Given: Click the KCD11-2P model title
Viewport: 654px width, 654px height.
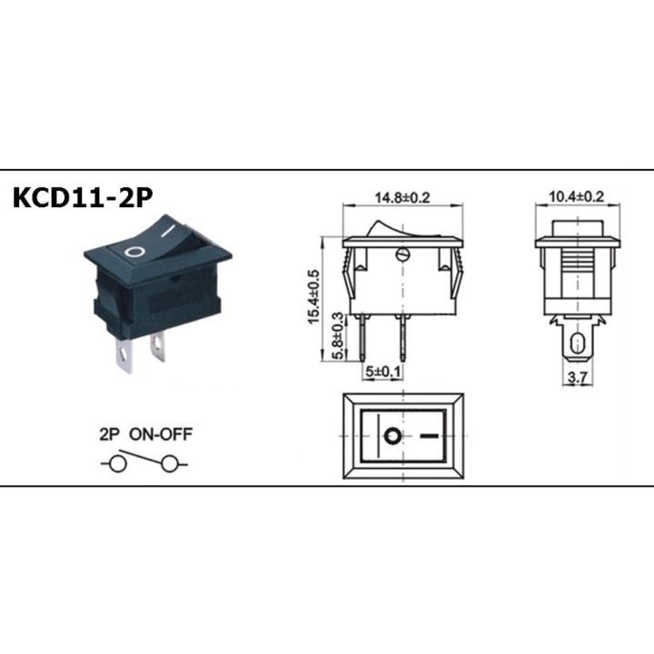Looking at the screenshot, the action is click(x=83, y=197).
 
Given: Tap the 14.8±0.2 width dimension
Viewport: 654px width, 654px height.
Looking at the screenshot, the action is click(x=402, y=197).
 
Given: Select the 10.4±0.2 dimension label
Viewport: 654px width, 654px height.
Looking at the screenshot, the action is click(x=577, y=196).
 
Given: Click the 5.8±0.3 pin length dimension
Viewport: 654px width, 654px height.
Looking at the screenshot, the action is click(x=339, y=335).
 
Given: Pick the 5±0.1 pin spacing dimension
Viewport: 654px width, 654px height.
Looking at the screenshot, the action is click(x=383, y=371).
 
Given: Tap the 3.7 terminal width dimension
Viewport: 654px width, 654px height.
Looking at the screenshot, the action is click(x=578, y=378).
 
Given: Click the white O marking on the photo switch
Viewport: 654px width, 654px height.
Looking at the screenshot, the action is click(x=135, y=252).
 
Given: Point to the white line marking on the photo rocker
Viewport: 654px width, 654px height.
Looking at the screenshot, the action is click(x=169, y=230).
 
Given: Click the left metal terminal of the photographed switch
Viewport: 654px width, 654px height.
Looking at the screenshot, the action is click(x=124, y=354).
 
